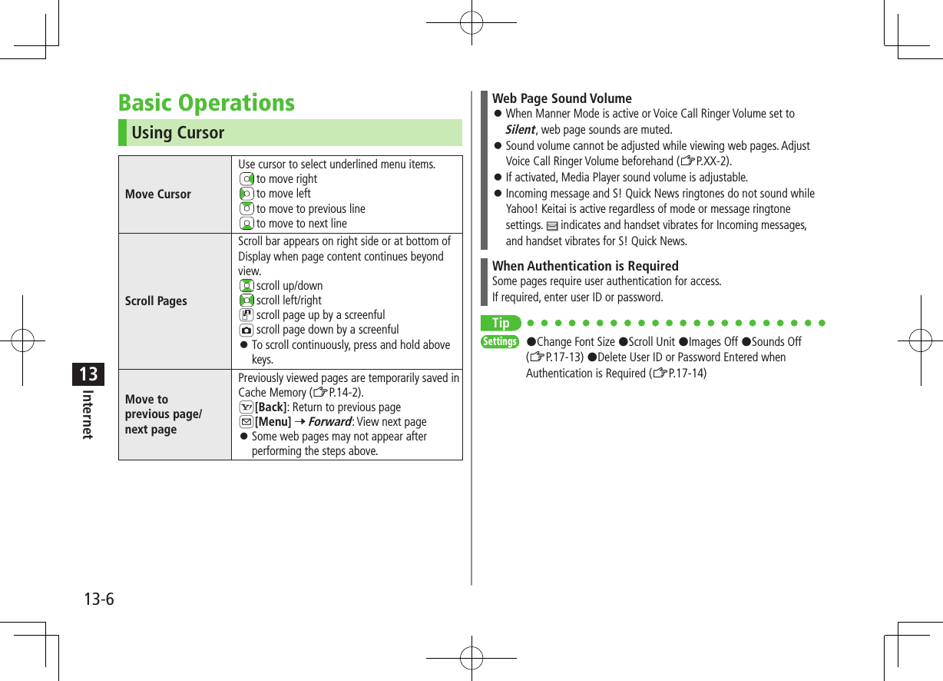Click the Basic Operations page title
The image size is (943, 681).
pos(207,103)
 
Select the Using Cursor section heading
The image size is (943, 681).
pos(178,133)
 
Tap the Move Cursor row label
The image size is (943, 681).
pos(158,194)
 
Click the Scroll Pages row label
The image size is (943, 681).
pos(156,301)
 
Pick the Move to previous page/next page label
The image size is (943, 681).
pos(164,414)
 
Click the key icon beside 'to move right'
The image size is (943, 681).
pos(246,179)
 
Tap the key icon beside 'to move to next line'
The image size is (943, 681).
pos(246,224)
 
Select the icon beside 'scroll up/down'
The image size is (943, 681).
pos(246,286)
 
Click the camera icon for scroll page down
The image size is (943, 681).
pos(246,330)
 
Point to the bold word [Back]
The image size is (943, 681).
pos(270,407)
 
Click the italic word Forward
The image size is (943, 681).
pos(329,422)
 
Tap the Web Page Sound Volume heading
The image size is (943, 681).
pos(562,98)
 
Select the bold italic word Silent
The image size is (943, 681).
pos(520,129)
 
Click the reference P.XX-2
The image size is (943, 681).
pos(712,161)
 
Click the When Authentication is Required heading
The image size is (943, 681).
pos(585,266)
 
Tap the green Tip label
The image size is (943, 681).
pos(501,323)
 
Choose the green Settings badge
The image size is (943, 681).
pos(499,341)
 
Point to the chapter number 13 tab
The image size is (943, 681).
pos(88,374)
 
